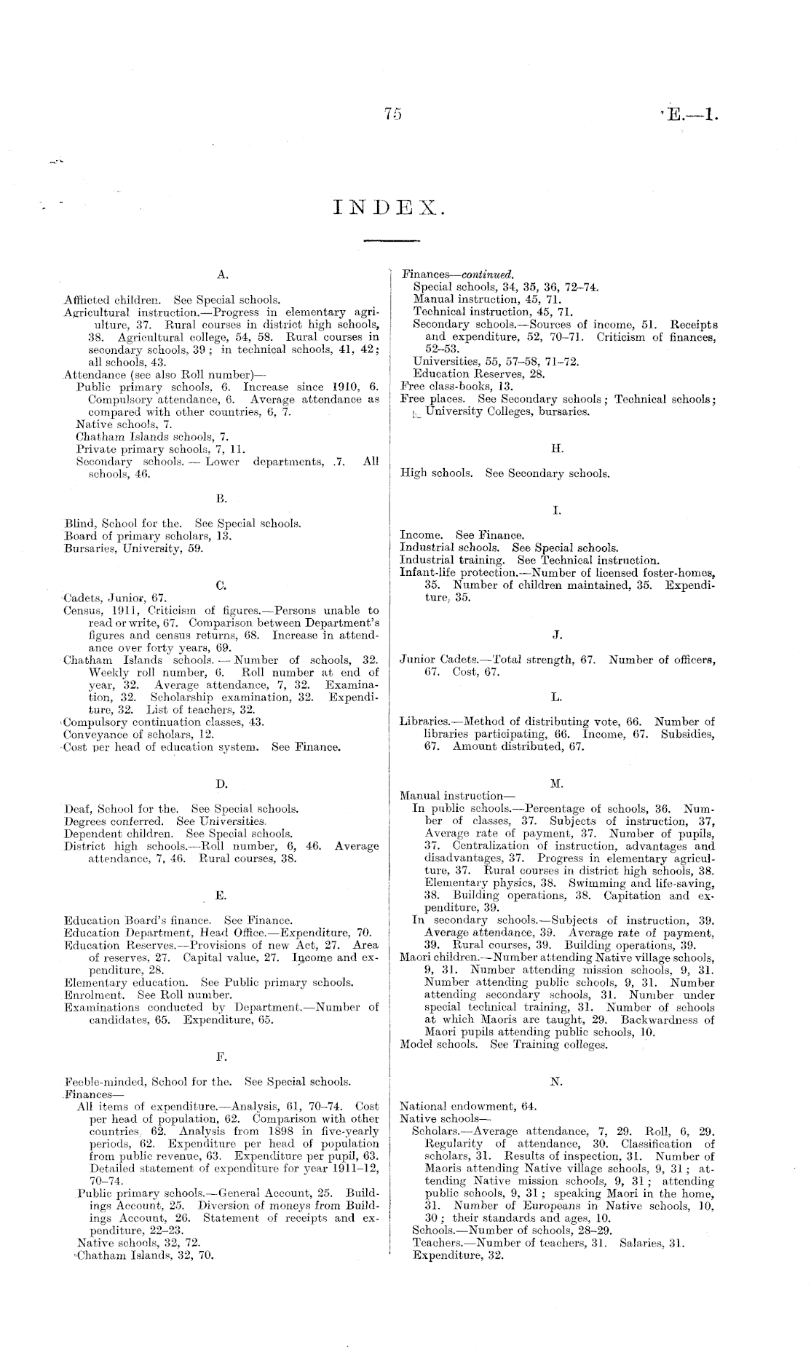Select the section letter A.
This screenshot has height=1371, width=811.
tap(223, 275)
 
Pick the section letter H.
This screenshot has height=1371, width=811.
tap(557, 449)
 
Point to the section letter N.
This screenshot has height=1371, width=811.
tap(556, 1083)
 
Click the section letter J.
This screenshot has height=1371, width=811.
tap(557, 636)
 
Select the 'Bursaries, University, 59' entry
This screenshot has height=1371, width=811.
tap(133, 548)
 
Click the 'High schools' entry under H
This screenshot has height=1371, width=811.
tap(434, 473)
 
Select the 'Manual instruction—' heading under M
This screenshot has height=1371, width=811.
tap(452, 796)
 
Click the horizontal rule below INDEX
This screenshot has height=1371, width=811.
tap(392, 240)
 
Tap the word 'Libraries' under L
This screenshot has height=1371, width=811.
tap(423, 722)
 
